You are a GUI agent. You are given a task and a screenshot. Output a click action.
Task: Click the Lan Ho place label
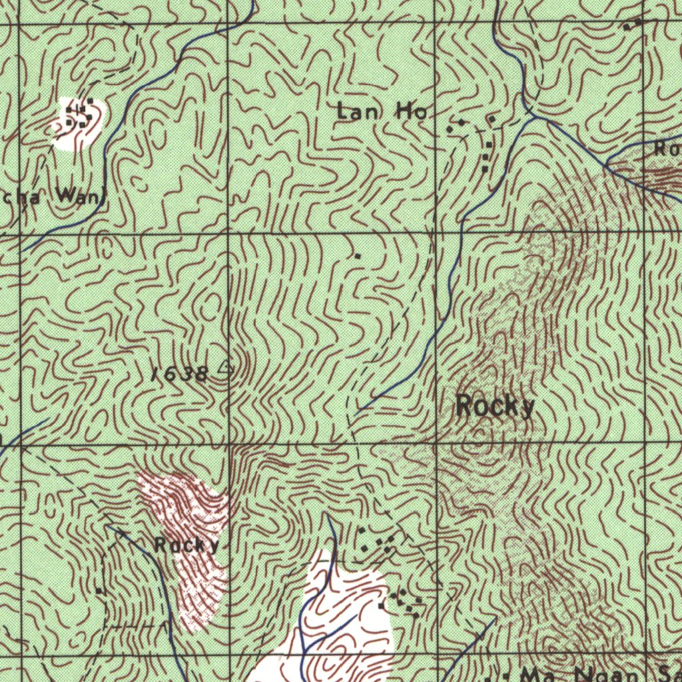coord(382,112)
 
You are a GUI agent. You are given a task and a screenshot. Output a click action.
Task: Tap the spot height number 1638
coord(179,374)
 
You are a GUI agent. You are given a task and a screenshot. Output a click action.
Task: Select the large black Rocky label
coord(496,406)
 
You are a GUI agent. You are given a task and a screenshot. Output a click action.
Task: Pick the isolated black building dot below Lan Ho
coord(358,255)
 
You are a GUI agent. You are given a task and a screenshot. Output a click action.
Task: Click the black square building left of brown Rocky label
coord(99,591)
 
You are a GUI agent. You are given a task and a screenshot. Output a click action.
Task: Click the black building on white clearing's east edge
coord(381,607)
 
